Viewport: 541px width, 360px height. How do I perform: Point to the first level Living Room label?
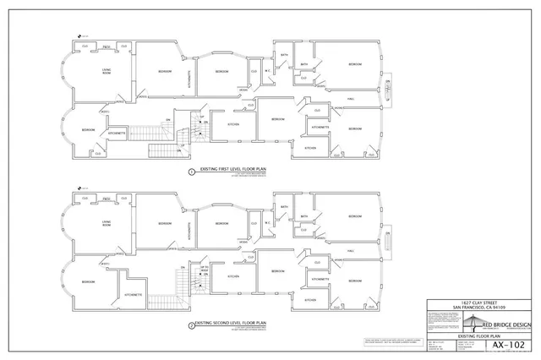click(x=108, y=73)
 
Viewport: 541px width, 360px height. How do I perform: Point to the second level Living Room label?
click(x=108, y=223)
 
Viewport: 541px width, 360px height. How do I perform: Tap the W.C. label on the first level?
click(x=267, y=72)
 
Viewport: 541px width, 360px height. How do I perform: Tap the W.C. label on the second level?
click(x=267, y=223)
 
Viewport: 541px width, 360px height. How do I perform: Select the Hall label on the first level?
click(x=350, y=98)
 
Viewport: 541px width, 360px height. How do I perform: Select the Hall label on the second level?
click(x=350, y=250)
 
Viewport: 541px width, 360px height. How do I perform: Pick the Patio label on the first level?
click(x=107, y=46)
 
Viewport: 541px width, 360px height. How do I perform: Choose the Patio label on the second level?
click(x=107, y=198)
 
